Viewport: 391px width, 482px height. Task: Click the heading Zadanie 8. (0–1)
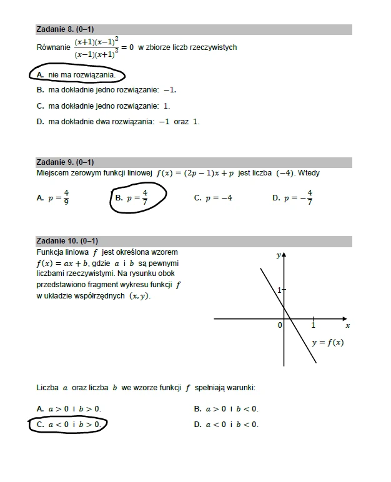pyautogui.click(x=65, y=29)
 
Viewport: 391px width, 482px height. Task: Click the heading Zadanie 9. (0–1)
pyautogui.click(x=65, y=162)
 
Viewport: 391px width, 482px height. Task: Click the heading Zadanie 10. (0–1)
pyautogui.click(x=67, y=240)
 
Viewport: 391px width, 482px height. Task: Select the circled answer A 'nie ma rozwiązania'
pyautogui.click(x=77, y=75)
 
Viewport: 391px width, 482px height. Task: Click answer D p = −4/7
pyautogui.click(x=293, y=198)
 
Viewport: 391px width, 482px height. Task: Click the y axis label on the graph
pyautogui.click(x=278, y=255)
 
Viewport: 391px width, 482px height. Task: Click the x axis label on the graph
pyautogui.click(x=347, y=326)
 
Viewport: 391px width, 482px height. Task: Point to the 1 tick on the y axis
pyautogui.click(x=279, y=290)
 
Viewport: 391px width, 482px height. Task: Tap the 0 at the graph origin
pyautogui.click(x=279, y=325)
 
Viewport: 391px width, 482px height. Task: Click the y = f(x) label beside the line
pyautogui.click(x=327, y=342)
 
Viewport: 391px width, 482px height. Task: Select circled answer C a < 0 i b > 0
pyautogui.click(x=69, y=425)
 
